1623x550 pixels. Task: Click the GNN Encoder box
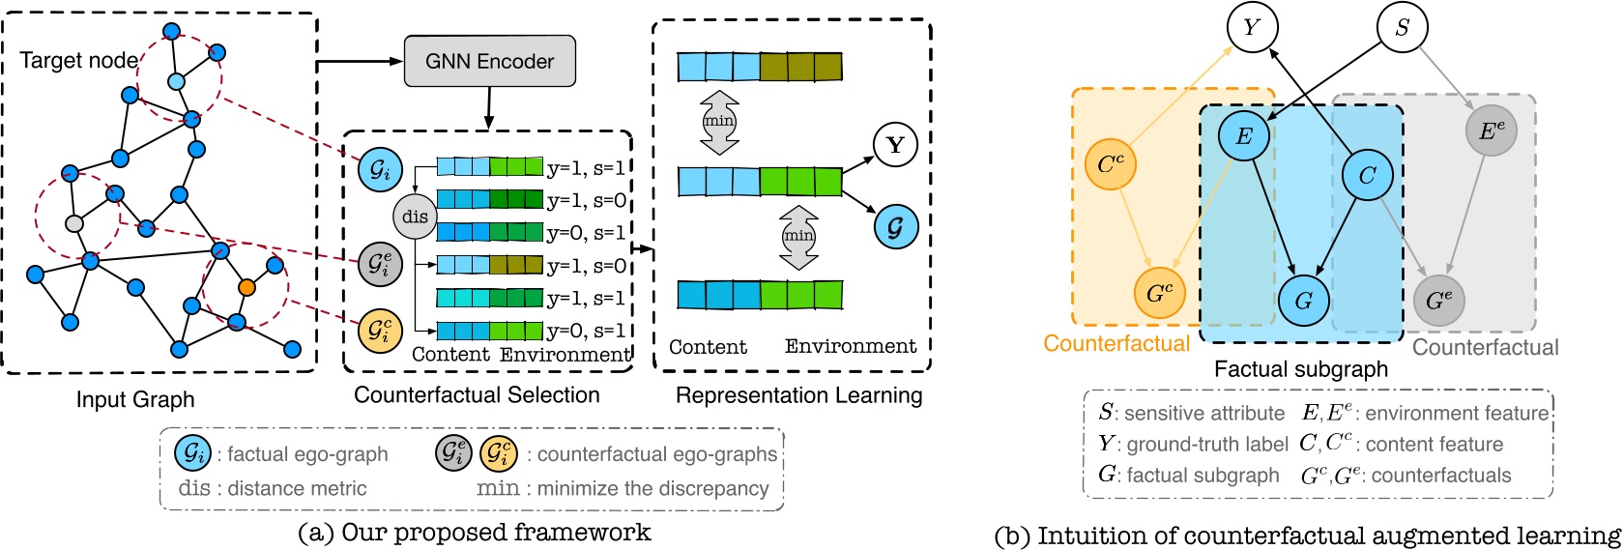489,62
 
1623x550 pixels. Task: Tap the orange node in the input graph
246,287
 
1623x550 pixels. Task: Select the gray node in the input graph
73,224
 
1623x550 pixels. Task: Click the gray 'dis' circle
415,217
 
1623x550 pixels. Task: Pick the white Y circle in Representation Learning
894,145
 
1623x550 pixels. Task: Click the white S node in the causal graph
1402,28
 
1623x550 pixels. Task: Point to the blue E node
1244,136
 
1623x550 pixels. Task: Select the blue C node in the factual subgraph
1367,175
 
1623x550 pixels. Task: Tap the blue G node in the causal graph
1303,300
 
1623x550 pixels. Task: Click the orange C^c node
1111,163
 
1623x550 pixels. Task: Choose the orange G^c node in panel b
1159,292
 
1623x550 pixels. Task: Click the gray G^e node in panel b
1439,301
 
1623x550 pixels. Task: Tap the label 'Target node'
78,61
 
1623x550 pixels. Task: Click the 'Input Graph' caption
135,399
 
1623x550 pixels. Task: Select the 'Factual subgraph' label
1300,369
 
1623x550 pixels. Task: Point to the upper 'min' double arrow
718,122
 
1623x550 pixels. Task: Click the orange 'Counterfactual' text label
1116,344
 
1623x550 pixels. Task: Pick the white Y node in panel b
1252,28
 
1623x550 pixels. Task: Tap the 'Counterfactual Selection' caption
477,395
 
